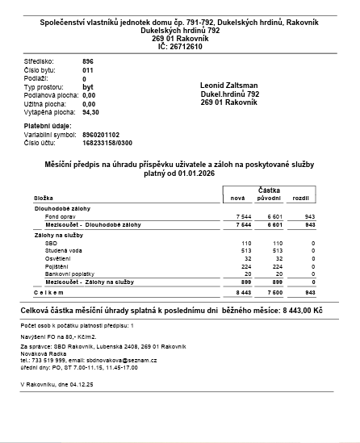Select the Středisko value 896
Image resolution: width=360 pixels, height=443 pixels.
89,61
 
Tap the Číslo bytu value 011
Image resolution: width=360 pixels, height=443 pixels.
89,70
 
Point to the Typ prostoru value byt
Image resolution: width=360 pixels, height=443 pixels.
88,86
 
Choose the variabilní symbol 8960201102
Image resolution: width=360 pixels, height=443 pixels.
100,135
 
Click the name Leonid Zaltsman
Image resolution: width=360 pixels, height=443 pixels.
229,85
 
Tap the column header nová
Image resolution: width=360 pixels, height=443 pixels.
237,198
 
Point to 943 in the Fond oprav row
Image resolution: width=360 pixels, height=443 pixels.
309,217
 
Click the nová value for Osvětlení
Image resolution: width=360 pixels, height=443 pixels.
247,258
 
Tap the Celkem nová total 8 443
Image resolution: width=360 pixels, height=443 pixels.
244,292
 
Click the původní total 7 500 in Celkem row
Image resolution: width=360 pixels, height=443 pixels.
274,292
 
